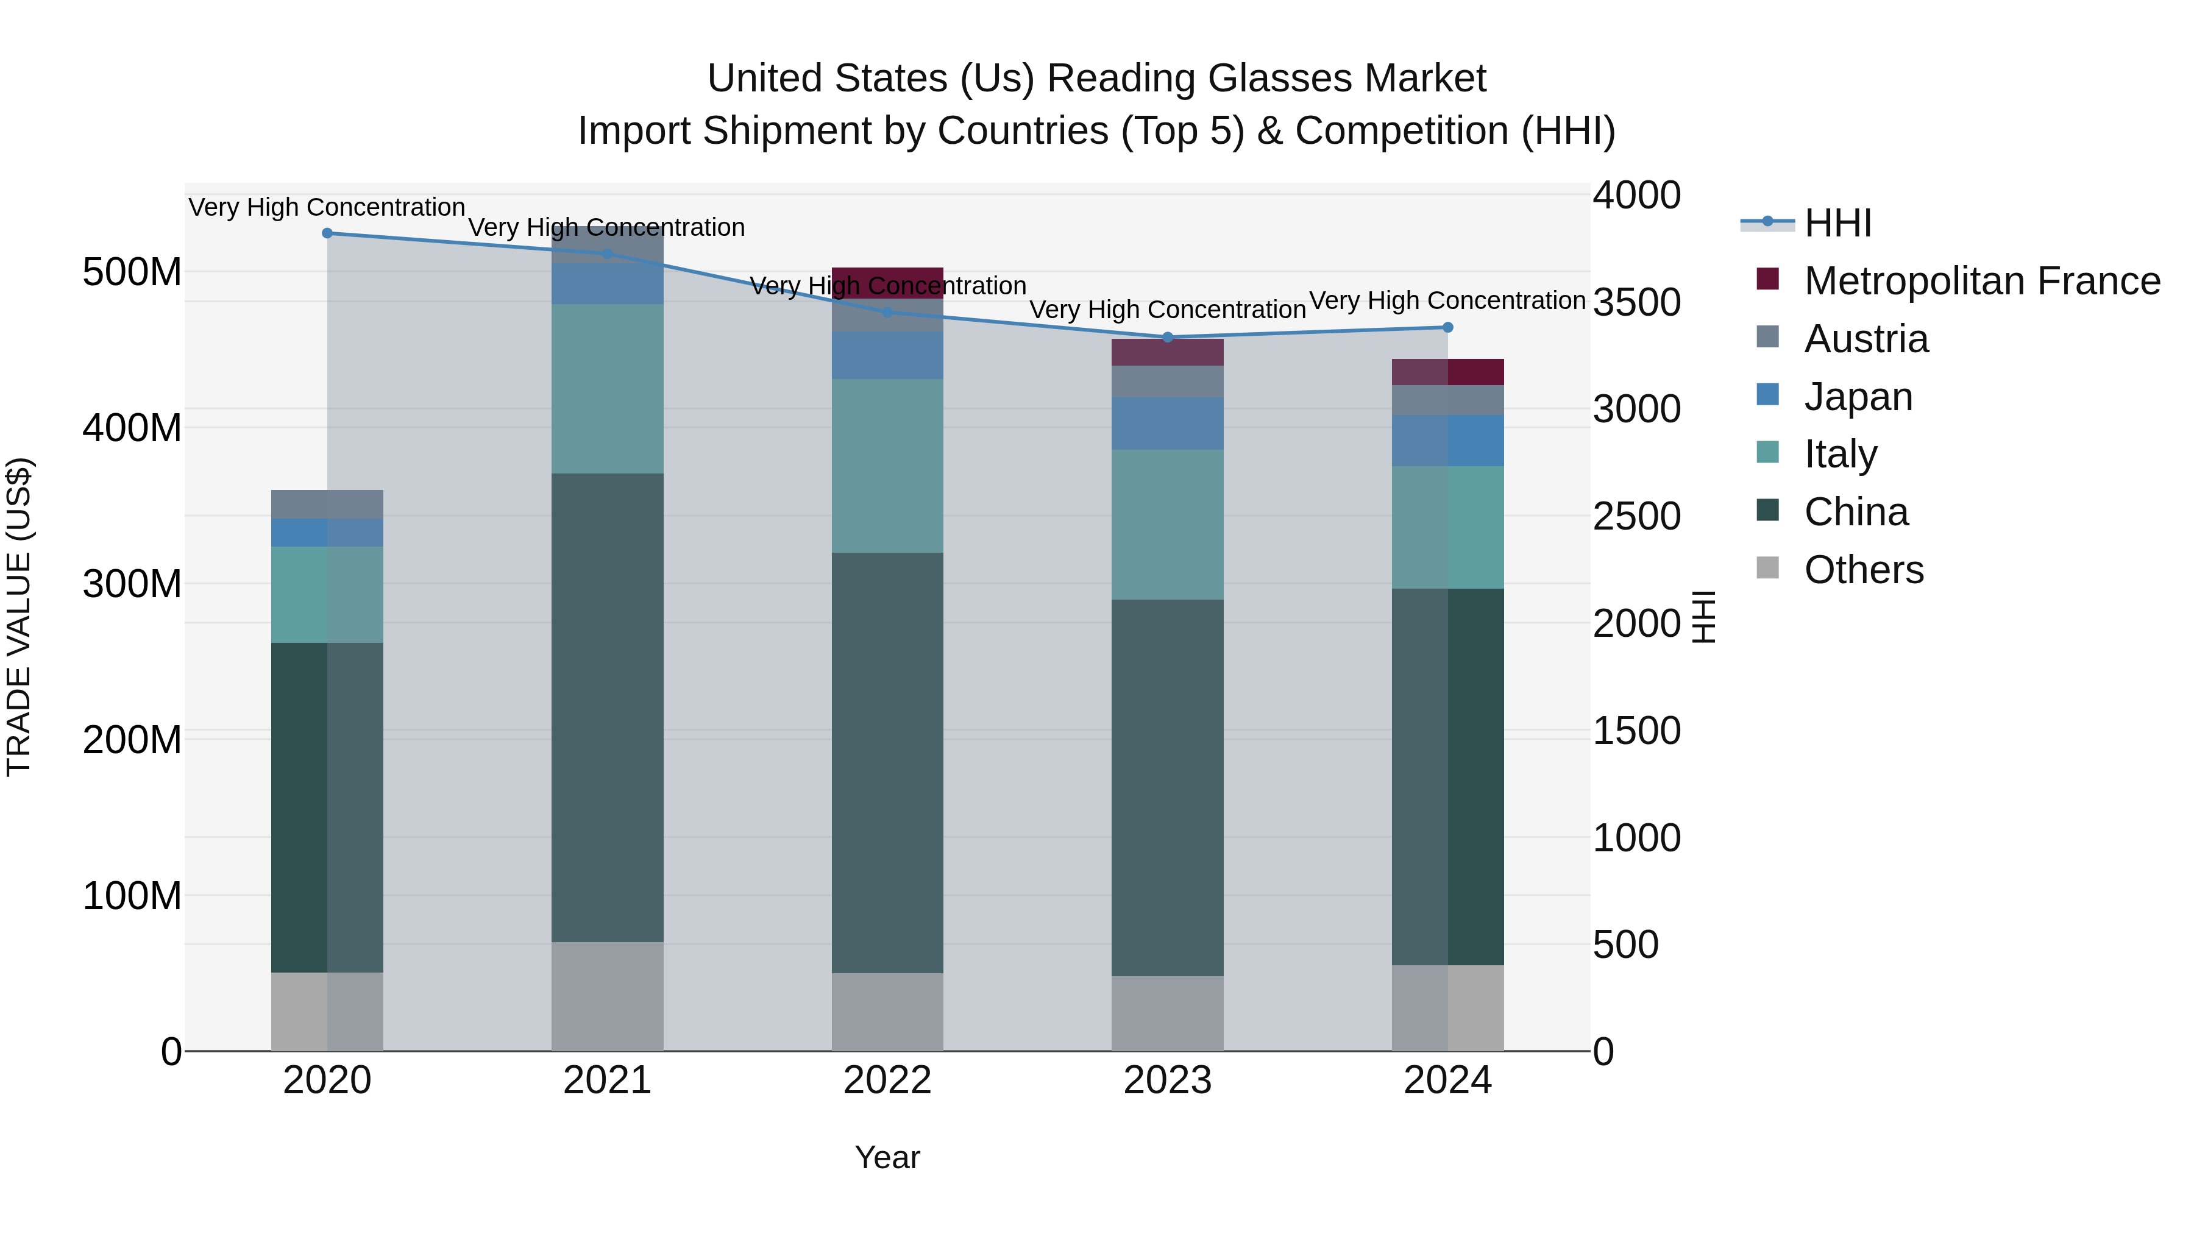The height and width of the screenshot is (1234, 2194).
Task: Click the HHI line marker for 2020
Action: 327,233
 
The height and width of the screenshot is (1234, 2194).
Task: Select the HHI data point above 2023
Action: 1168,337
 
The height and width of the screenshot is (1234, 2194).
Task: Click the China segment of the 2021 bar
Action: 607,707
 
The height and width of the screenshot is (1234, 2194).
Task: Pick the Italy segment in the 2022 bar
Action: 887,465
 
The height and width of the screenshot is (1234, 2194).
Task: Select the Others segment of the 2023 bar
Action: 1168,1013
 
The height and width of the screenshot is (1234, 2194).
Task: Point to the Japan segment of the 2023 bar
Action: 1168,424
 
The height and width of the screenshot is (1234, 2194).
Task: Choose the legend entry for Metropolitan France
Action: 1981,281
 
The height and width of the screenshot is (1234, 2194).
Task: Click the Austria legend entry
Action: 1866,339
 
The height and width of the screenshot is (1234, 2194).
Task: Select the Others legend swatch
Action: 1768,568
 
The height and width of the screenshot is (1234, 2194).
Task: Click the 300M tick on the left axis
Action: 132,584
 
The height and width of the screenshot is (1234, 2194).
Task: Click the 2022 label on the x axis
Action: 887,1080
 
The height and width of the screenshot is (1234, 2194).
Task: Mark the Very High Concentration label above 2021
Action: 606,227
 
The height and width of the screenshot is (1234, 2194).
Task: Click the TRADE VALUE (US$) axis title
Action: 19,617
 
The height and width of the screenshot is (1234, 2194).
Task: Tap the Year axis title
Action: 887,1157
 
